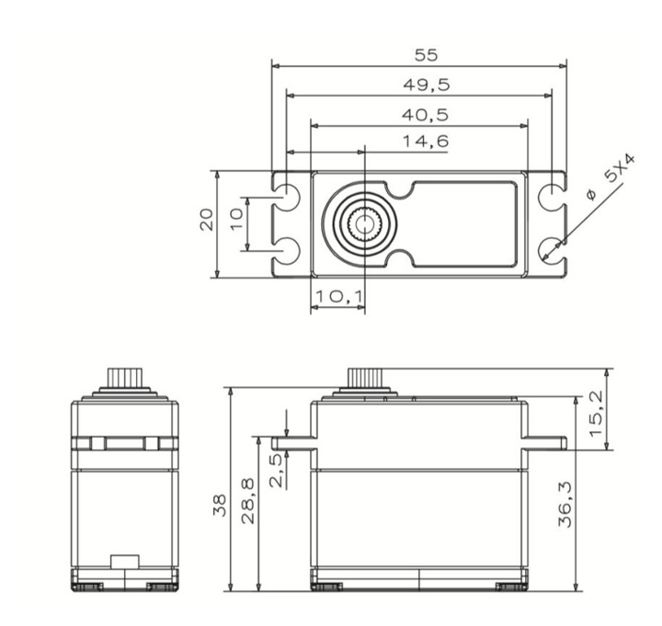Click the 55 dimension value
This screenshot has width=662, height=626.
tap(427, 55)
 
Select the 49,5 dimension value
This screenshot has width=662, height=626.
tap(427, 85)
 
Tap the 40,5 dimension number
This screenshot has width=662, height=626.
tap(425, 115)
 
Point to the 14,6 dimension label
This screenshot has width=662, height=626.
tap(426, 141)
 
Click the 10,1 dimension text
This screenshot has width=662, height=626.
tap(338, 297)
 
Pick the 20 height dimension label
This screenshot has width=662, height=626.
tap(207, 220)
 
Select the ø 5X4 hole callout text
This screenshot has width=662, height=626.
tap(611, 177)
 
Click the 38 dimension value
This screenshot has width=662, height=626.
tap(220, 506)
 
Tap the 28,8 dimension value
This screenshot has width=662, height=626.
tap(248, 501)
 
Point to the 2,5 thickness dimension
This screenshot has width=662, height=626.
tap(277, 470)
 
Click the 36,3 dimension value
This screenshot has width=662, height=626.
tap(565, 504)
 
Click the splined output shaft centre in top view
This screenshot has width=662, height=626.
tap(364, 224)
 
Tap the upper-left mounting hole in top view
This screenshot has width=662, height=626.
tap(287, 197)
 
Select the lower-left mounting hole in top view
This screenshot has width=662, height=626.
tap(287, 251)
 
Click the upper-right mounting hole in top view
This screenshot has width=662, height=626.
tap(552, 197)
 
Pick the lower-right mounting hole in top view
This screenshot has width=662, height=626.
tap(552, 251)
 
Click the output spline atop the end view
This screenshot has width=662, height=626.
tap(125, 378)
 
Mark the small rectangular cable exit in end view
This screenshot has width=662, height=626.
tap(125, 562)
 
